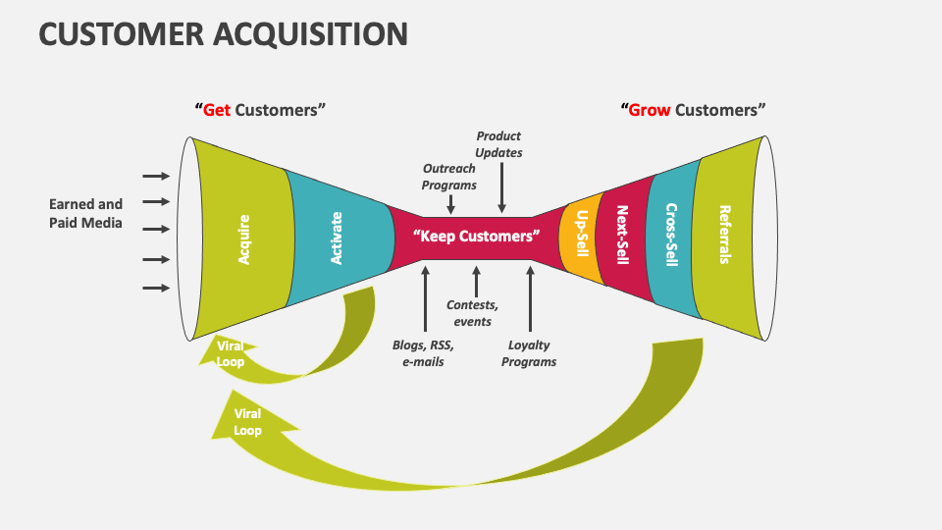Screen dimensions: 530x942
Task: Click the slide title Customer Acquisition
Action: pyautogui.click(x=223, y=34)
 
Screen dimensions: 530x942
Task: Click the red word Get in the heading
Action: pyautogui.click(x=216, y=110)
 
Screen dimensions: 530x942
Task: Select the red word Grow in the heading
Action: pyautogui.click(x=649, y=110)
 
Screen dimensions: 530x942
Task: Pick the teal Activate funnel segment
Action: pyautogui.click(x=338, y=238)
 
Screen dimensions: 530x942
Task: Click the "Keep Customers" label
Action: pyautogui.click(x=477, y=237)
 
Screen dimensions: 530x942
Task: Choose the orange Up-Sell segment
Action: pyautogui.click(x=581, y=237)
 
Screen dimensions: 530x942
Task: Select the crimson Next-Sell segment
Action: pyautogui.click(x=621, y=236)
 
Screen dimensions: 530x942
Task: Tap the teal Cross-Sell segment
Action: pyautogui.click(x=672, y=235)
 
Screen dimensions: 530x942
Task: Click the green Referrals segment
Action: pyautogui.click(x=725, y=235)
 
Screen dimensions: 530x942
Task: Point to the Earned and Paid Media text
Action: pyautogui.click(x=86, y=213)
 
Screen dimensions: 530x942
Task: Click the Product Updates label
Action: pyautogui.click(x=498, y=144)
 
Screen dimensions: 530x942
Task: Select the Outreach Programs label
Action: pyautogui.click(x=449, y=177)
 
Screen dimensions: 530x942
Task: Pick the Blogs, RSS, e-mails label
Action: pyautogui.click(x=423, y=353)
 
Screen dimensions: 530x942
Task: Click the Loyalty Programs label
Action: pyautogui.click(x=529, y=353)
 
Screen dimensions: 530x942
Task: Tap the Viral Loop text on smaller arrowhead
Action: pyautogui.click(x=231, y=353)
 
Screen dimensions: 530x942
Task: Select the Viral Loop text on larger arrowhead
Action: pyautogui.click(x=247, y=422)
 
